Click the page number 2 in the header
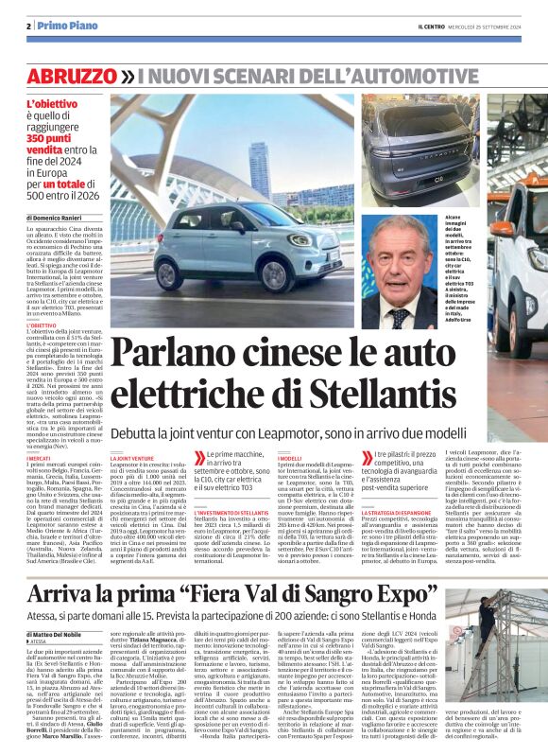click(x=28, y=26)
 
